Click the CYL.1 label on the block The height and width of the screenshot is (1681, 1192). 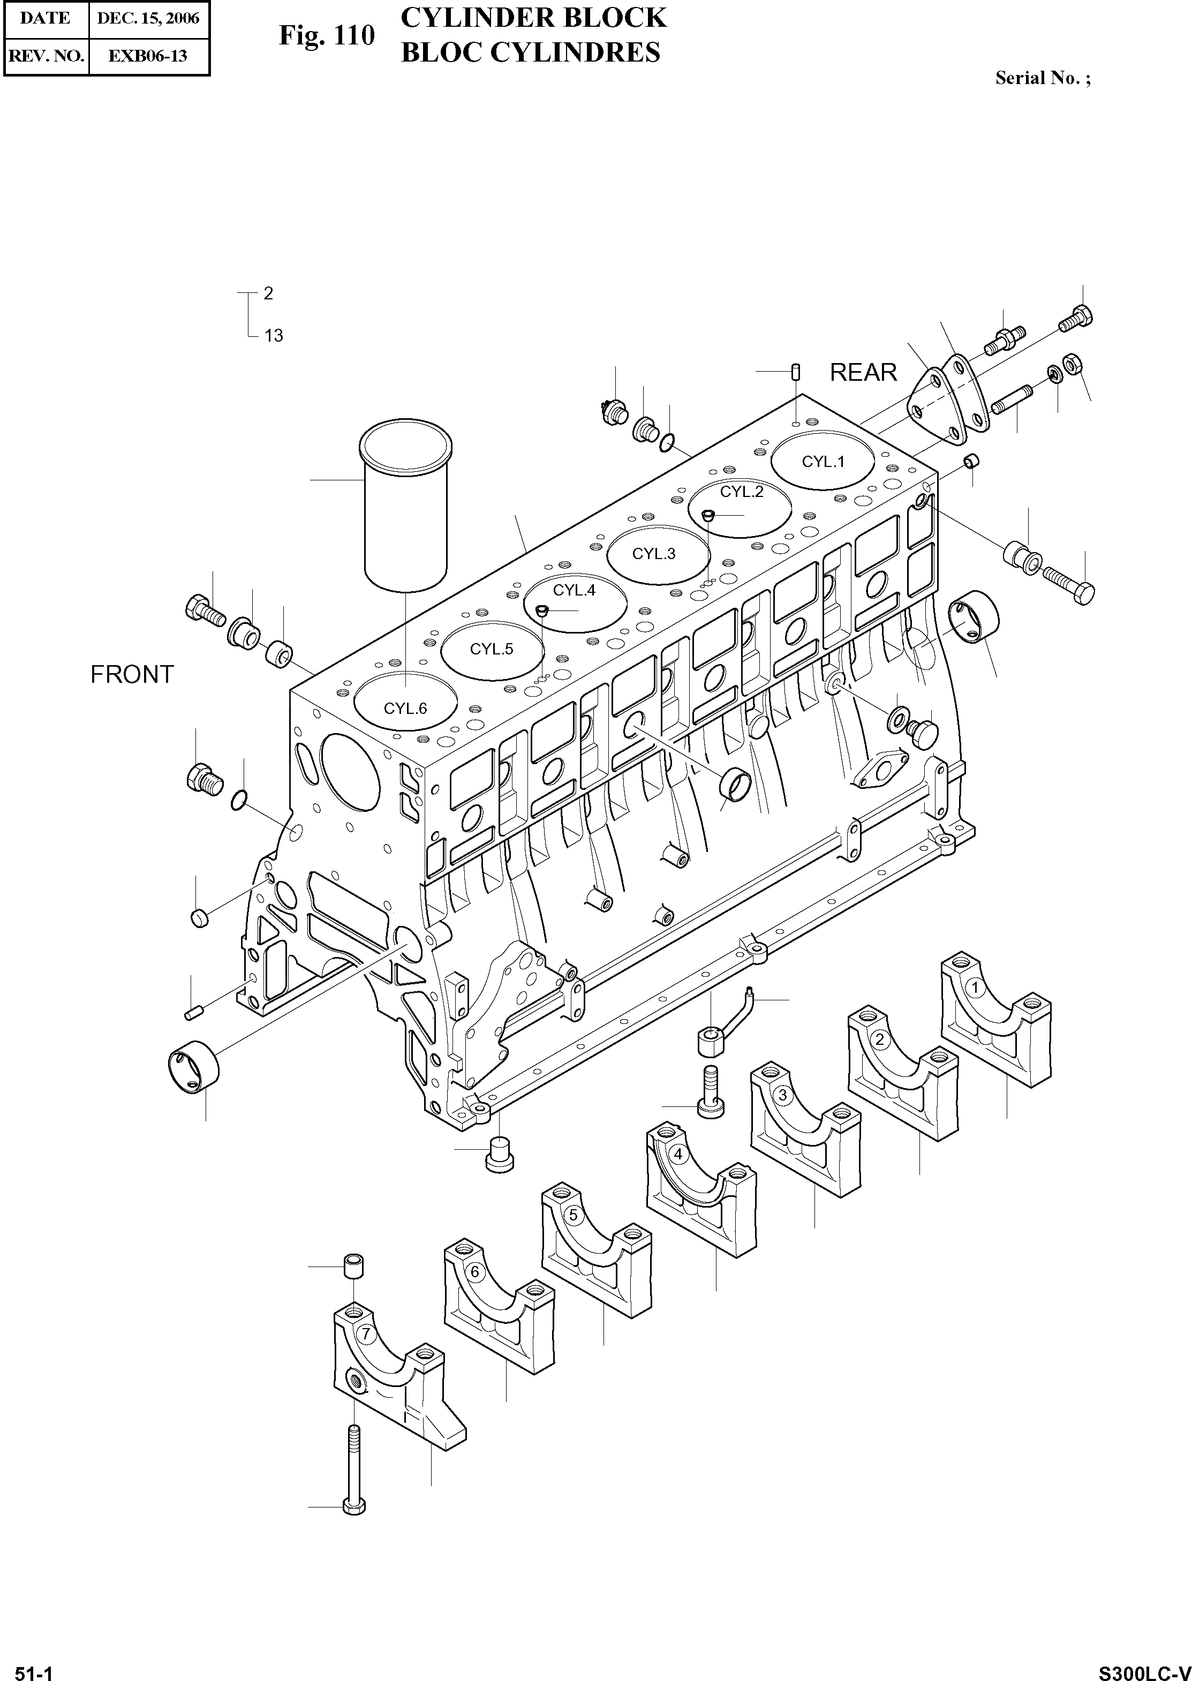pos(823,462)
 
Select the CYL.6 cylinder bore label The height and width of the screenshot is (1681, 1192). pos(405,708)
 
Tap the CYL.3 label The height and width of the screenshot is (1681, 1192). pos(653,554)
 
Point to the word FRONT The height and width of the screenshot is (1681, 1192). pos(132,674)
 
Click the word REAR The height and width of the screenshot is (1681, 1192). pos(863,373)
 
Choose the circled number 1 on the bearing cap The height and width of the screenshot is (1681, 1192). pos(975,988)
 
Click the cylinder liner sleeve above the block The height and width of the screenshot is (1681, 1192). pos(406,507)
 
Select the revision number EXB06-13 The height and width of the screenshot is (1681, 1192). pos(148,56)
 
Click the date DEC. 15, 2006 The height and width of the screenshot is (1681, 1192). pos(148,18)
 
